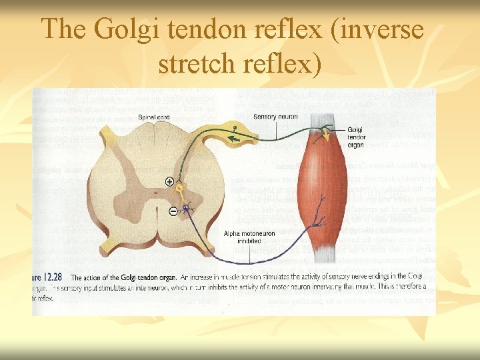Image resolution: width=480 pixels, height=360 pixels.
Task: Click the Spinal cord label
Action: tap(154, 118)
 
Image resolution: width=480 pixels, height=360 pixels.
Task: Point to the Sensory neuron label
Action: tap(275, 117)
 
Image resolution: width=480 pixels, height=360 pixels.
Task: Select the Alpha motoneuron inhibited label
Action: tap(242, 237)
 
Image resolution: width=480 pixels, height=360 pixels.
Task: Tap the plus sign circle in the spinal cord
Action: tap(169, 181)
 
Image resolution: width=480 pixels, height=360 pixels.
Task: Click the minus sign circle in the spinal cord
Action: tap(173, 211)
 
